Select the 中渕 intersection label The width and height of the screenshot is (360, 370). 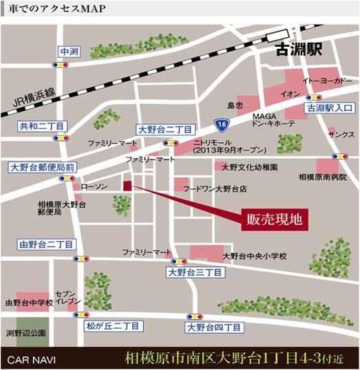pyautogui.click(x=70, y=52)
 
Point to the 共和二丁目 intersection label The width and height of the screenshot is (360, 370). pyautogui.click(x=42, y=127)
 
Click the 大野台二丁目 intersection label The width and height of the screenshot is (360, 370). pyautogui.click(x=166, y=129)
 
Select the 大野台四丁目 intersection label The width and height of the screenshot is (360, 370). pyautogui.click(x=214, y=327)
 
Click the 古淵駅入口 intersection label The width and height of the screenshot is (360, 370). pyautogui.click(x=329, y=108)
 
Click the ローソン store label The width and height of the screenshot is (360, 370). pyautogui.click(x=92, y=186)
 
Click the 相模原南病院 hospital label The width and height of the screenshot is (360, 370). pyautogui.click(x=319, y=177)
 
